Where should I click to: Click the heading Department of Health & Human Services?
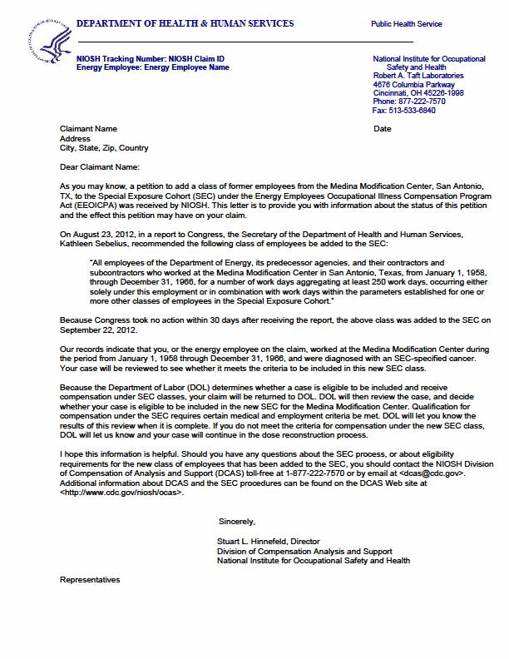(x=185, y=23)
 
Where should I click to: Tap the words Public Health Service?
(x=407, y=25)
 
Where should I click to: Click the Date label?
(x=383, y=129)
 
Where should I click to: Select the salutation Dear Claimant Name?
(x=97, y=167)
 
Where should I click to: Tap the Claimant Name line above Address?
(x=89, y=129)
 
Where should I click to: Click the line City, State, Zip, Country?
(x=104, y=148)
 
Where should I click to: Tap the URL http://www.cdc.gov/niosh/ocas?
(x=121, y=493)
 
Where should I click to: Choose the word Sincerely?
(x=237, y=521)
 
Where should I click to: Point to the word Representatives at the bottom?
(x=90, y=579)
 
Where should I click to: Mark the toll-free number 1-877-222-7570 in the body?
(x=299, y=473)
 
